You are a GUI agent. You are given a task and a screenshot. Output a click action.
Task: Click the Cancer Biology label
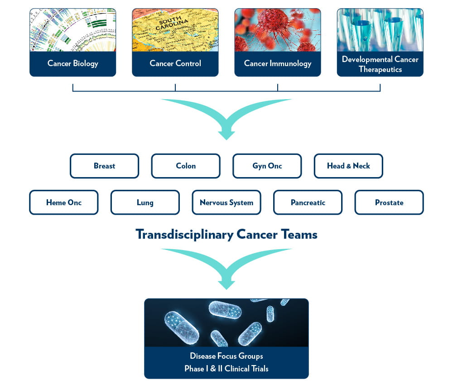click(72, 63)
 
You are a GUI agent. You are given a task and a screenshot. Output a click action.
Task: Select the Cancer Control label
click(175, 63)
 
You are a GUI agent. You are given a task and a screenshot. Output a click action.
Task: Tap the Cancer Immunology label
click(278, 63)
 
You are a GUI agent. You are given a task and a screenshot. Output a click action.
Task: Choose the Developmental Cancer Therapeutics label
click(380, 64)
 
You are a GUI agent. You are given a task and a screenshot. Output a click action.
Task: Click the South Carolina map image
click(175, 30)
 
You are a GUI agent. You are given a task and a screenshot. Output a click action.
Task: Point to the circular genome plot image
click(72, 30)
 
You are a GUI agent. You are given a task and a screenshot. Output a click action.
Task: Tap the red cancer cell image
click(278, 30)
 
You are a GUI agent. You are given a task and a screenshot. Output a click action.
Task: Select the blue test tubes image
click(380, 30)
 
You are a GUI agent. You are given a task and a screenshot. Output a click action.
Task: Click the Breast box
click(104, 166)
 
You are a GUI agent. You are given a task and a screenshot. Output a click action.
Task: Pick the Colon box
click(186, 166)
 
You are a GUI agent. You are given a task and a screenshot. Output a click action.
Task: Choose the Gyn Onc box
click(267, 166)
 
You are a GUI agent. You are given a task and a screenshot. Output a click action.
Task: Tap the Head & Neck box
click(348, 166)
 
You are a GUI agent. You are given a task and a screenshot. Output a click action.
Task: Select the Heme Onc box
click(64, 202)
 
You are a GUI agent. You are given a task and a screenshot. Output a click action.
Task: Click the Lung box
click(145, 202)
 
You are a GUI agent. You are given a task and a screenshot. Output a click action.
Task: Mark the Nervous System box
click(226, 202)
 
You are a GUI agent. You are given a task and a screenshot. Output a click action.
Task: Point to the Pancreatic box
click(308, 202)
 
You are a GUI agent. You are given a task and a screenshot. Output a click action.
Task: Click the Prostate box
click(389, 202)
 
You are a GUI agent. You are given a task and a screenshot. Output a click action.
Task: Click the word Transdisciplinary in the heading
click(184, 235)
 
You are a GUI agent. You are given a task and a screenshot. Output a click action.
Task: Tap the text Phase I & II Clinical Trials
click(226, 369)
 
